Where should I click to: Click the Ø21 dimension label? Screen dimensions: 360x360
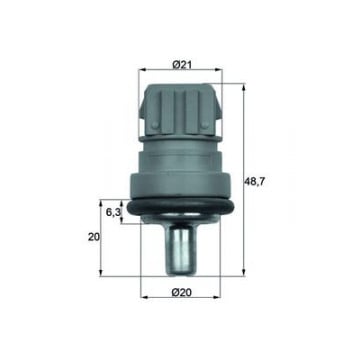click(182, 64)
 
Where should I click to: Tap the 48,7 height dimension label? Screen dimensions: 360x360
click(255, 182)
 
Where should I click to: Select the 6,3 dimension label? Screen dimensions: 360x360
click(113, 212)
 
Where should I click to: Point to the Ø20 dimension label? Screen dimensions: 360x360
click(182, 292)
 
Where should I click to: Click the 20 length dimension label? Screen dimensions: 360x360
click(94, 237)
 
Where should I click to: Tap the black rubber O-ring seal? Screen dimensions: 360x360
click(181, 206)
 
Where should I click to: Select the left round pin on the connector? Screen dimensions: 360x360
click(155, 125)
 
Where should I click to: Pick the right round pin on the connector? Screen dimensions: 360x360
click(205, 125)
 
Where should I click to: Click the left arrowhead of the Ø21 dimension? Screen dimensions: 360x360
click(142, 70)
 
